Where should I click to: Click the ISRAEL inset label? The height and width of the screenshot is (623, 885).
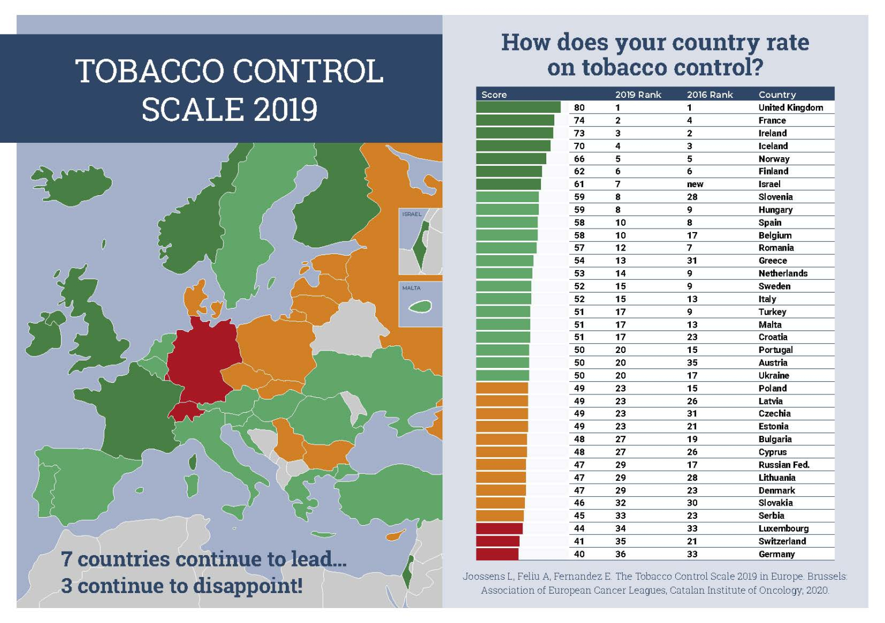click(412, 214)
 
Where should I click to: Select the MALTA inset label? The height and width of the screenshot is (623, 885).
click(411, 288)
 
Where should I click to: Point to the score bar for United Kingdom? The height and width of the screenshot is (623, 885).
click(518, 107)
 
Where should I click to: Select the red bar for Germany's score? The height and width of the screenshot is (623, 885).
click(497, 554)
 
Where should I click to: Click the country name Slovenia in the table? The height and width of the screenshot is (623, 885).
click(776, 197)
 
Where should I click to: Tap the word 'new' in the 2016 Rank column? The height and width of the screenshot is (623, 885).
click(695, 184)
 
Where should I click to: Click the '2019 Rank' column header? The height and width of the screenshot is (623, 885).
click(638, 94)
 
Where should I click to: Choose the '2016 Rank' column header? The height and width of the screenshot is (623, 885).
click(710, 94)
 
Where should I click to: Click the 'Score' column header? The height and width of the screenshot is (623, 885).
click(494, 94)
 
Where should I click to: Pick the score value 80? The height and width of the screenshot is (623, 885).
click(579, 108)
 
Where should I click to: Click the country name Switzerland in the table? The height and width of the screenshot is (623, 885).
click(782, 541)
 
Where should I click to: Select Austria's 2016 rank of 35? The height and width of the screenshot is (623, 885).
click(692, 363)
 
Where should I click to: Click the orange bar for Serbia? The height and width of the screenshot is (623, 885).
click(500, 515)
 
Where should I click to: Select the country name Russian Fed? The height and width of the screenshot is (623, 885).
click(784, 465)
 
